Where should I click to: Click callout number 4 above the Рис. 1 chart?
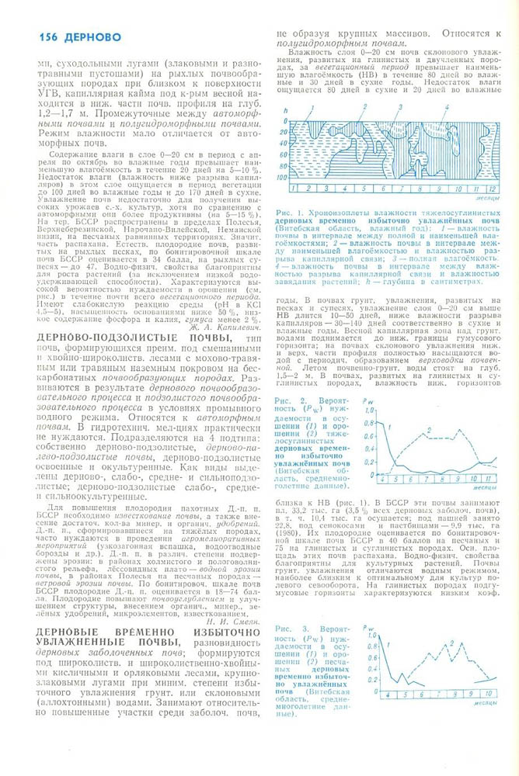click(447, 107)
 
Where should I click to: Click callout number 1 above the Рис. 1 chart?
click(311, 107)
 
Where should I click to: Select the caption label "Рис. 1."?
click(291, 213)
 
